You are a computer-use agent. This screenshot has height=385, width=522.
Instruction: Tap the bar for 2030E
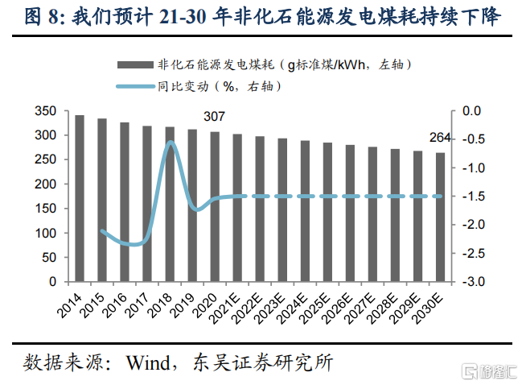(x=440, y=217)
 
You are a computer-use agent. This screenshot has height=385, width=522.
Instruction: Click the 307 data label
(x=214, y=118)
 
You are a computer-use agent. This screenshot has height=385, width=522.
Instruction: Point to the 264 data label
(x=439, y=138)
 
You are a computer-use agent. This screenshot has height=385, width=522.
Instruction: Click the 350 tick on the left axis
(x=47, y=111)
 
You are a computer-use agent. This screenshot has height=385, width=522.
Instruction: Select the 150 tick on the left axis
(x=47, y=209)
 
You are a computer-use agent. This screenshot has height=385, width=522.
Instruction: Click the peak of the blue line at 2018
(x=171, y=143)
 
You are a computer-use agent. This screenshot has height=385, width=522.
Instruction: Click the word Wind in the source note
(x=148, y=362)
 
